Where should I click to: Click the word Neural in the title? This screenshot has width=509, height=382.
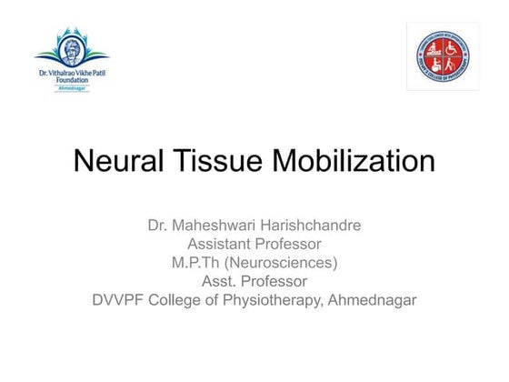point(115,161)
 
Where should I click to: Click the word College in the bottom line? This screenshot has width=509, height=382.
point(185,300)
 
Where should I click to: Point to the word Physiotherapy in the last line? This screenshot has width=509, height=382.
point(277,300)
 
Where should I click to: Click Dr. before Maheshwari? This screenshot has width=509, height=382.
point(158,225)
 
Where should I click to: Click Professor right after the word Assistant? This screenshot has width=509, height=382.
point(290,244)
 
